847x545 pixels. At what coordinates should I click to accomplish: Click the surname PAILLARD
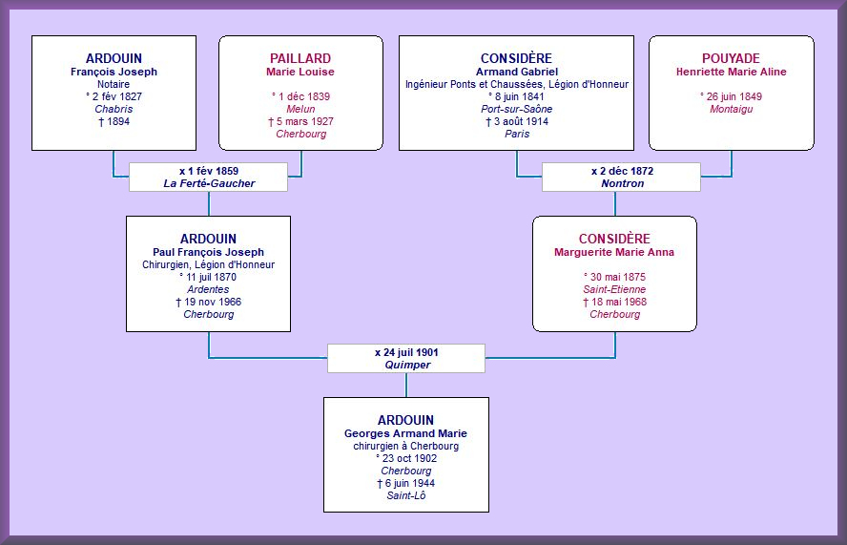pos(300,58)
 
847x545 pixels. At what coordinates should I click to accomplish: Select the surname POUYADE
pos(731,58)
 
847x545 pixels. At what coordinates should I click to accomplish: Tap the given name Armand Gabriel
pos(516,72)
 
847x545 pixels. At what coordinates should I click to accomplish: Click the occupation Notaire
pos(114,84)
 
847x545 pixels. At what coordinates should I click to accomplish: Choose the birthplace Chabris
pos(114,109)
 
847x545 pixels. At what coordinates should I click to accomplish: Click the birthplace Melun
pos(300,109)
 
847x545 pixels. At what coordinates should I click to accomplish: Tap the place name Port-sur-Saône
pos(516,109)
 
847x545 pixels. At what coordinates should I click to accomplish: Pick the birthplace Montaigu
pos(732,109)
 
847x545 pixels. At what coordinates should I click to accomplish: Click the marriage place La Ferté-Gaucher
pos(209,184)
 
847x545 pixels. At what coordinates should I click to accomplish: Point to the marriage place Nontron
pos(623,184)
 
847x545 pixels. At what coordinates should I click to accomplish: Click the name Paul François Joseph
pos(209,253)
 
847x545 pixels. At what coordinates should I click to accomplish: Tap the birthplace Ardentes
pos(209,290)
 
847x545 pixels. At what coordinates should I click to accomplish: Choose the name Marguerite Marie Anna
pos(614,253)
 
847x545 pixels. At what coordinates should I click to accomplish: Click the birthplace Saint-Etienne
pos(614,290)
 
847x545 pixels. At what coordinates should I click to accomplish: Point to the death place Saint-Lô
pos(406,495)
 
